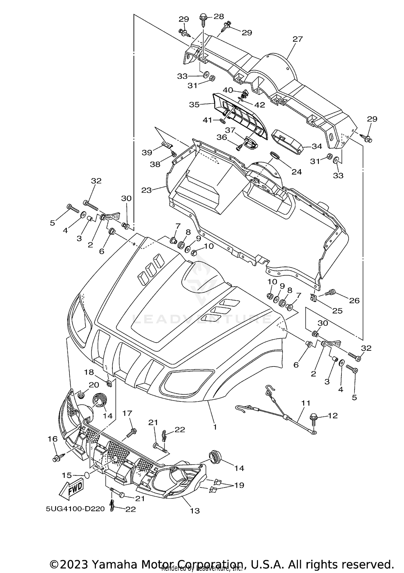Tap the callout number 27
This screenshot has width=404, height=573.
tap(298, 39)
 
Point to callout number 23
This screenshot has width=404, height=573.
tap(147, 190)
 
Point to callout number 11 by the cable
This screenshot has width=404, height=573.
tap(306, 403)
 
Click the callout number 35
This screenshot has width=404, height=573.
tap(194, 105)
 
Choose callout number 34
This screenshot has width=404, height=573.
tap(317, 146)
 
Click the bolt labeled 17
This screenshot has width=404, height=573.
tap(132, 433)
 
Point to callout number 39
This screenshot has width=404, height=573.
tap(147, 152)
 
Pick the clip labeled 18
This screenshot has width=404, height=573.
tap(109, 383)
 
